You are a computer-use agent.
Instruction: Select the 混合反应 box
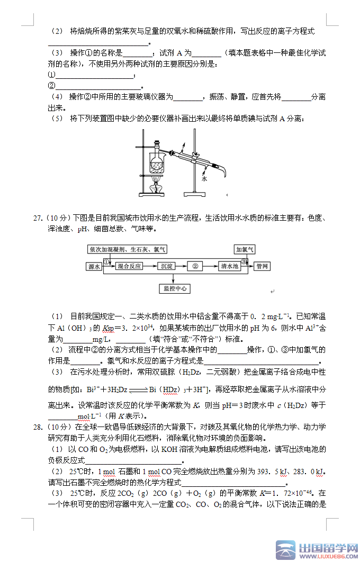(x=129, y=266)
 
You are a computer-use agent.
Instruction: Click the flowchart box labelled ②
(x=195, y=266)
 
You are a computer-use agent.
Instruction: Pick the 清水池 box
(x=230, y=266)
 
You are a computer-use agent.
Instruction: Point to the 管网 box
(x=263, y=266)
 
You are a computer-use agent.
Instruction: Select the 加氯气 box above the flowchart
(x=245, y=249)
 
